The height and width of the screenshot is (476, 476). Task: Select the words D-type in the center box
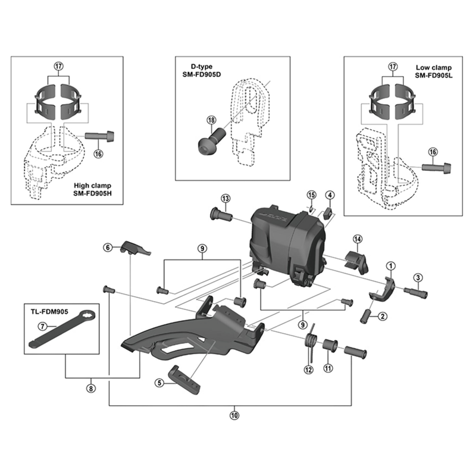201,67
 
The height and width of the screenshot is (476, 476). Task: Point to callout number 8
90,389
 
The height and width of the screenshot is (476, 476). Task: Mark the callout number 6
108,248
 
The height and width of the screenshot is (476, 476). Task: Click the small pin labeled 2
365,315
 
